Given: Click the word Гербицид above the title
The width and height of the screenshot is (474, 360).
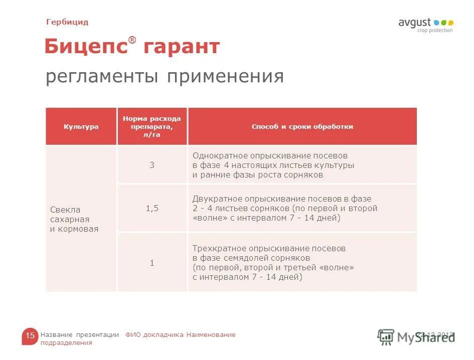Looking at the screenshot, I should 67,22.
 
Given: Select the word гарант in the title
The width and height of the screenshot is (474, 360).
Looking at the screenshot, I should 182,47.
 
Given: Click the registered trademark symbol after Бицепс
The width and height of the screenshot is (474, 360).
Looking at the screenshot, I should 132,40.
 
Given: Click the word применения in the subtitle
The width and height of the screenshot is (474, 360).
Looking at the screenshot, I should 225,77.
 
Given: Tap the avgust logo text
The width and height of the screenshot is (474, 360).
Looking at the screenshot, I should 415,23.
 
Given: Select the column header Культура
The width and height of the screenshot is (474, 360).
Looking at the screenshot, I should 81,127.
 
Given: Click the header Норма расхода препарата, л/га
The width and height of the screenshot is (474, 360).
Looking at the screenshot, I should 152,127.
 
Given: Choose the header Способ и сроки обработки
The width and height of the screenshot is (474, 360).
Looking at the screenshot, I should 302,127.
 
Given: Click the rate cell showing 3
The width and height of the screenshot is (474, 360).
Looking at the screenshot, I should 152,165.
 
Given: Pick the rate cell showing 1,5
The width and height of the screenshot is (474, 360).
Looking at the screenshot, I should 152,208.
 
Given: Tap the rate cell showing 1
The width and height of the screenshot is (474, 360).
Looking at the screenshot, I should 152,263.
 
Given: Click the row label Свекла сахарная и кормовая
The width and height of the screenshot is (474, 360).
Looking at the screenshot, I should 74,219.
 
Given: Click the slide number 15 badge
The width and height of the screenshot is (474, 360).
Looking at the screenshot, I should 30,336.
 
